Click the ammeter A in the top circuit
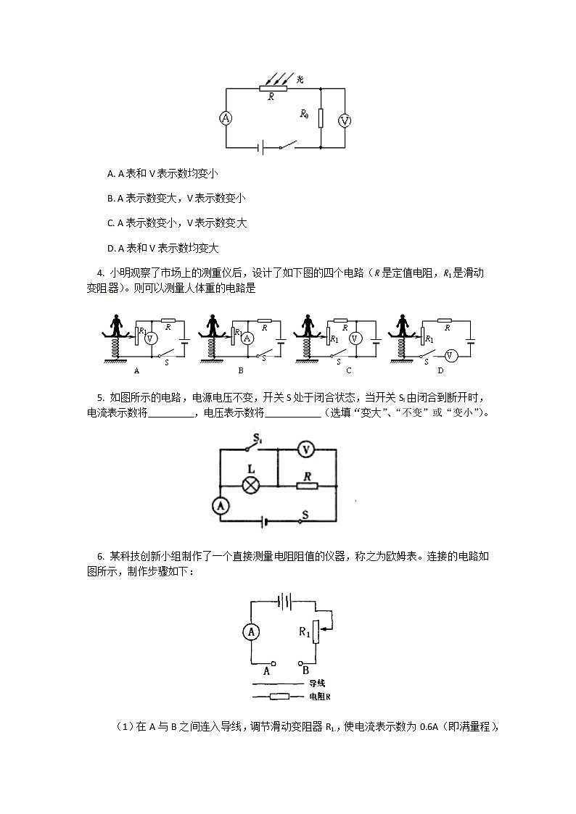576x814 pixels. [226, 119]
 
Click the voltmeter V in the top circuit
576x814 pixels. [345, 120]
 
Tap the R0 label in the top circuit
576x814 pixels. [305, 114]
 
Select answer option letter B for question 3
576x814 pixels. [110, 198]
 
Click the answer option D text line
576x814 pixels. [162, 247]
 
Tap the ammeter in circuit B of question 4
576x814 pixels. [247, 338]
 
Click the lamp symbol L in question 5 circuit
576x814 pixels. [250, 485]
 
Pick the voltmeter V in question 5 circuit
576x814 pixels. [307, 450]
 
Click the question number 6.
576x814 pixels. [100, 557]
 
